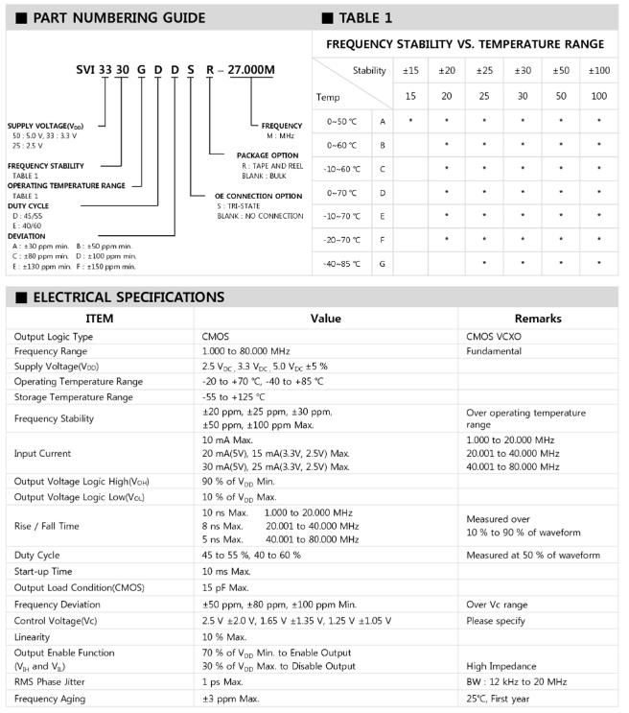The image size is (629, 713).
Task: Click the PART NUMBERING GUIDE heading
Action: (x=119, y=17)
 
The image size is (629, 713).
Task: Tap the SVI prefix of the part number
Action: (x=87, y=71)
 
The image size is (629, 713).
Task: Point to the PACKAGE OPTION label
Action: (x=269, y=155)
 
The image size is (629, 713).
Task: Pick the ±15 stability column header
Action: (x=410, y=71)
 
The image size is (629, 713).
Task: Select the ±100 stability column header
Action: (x=598, y=71)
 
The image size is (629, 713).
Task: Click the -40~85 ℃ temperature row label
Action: (x=341, y=262)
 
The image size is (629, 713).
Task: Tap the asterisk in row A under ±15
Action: (x=410, y=121)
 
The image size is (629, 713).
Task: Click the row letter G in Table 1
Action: (x=383, y=262)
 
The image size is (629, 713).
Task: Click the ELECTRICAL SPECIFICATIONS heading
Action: (x=128, y=297)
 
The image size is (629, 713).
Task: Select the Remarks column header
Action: (x=538, y=319)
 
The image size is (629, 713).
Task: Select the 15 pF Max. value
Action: (x=225, y=587)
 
